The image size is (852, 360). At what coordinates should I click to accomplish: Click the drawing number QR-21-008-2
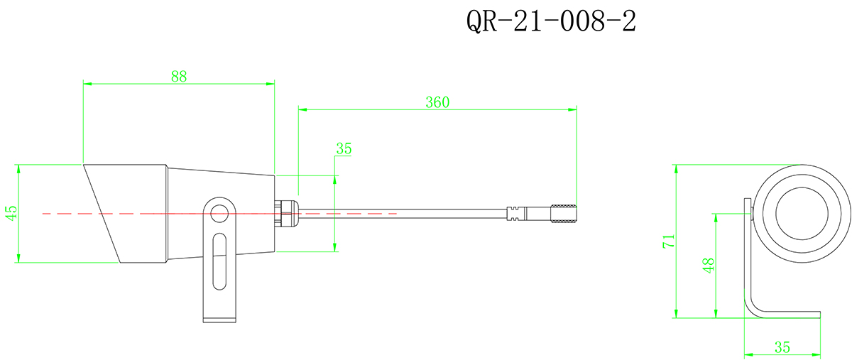click(550, 22)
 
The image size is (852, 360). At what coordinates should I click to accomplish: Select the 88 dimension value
click(179, 76)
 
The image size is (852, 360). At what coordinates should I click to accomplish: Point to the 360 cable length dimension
click(437, 102)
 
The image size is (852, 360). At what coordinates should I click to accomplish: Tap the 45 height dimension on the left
click(10, 214)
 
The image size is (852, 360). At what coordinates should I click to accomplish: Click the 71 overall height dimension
click(667, 241)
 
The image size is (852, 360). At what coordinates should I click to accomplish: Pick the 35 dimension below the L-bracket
click(782, 347)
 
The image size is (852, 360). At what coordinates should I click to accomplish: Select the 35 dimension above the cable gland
click(344, 148)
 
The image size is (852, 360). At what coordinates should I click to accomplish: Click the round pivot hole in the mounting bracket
click(220, 212)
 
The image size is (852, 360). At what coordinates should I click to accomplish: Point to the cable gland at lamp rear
click(286, 212)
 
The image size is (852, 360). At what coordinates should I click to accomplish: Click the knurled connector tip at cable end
click(564, 213)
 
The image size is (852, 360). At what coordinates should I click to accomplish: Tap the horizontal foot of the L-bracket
click(788, 315)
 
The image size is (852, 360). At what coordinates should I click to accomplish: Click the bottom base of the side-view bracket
click(220, 319)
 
